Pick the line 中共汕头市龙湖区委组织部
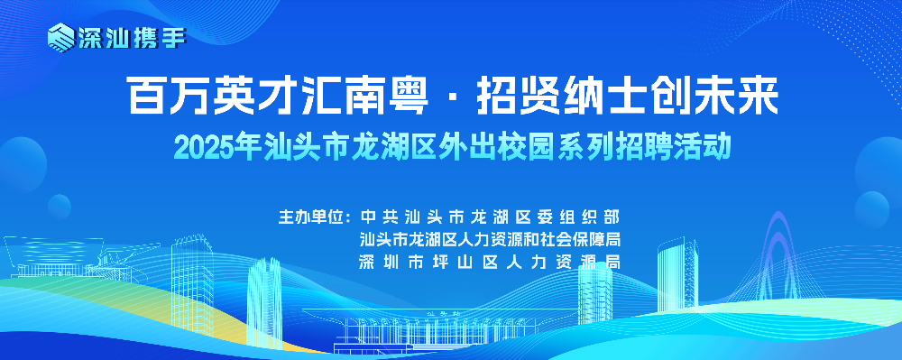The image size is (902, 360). point(490,217)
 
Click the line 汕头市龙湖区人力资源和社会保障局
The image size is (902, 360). point(490,239)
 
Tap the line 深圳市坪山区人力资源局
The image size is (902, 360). point(490,262)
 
